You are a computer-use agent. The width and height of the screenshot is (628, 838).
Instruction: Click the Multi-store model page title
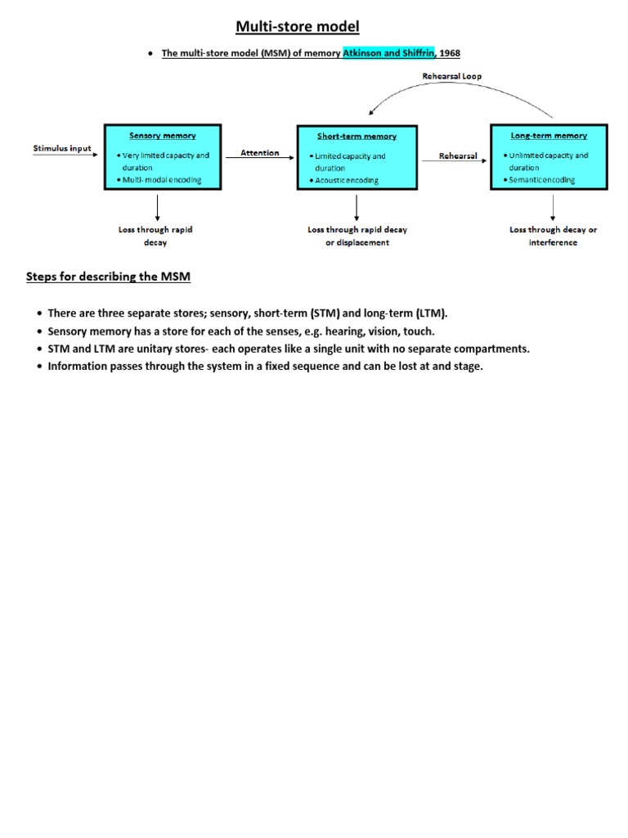point(298,27)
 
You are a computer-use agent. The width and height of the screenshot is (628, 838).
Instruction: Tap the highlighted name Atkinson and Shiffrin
point(389,53)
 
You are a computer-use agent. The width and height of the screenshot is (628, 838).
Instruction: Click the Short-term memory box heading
point(357,136)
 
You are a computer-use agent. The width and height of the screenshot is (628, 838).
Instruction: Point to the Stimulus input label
point(62,149)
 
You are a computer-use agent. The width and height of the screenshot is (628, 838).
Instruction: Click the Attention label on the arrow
point(260,153)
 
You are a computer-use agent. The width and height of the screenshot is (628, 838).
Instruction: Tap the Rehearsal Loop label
point(452,76)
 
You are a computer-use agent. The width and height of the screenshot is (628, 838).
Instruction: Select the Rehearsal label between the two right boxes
point(458,155)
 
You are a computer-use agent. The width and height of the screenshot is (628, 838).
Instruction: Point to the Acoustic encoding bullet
point(347,181)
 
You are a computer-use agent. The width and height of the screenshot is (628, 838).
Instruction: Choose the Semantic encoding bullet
point(541,180)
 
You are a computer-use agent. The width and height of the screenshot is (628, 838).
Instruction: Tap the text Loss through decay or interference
point(553,236)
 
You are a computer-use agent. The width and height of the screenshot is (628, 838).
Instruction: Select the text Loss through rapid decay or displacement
point(357,236)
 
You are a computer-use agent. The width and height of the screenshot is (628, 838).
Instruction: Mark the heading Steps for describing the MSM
point(108,277)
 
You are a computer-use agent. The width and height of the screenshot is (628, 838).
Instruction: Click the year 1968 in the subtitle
point(451,53)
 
